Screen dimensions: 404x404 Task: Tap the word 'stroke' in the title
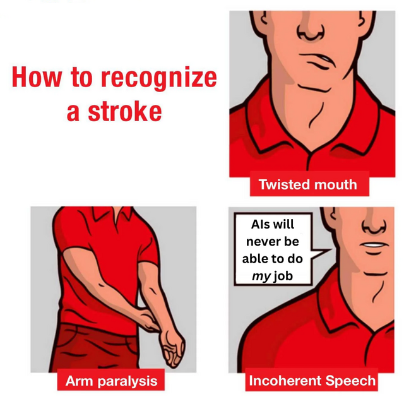pyautogui.click(x=125, y=112)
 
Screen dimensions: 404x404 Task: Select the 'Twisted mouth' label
pyautogui.click(x=308, y=184)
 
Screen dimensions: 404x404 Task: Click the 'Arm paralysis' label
pyautogui.click(x=111, y=381)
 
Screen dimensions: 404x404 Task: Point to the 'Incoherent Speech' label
pyautogui.click(x=312, y=381)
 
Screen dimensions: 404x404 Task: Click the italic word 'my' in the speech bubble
pyautogui.click(x=261, y=277)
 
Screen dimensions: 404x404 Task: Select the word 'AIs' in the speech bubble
pyautogui.click(x=259, y=224)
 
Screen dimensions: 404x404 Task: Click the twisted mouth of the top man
pyautogui.click(x=317, y=61)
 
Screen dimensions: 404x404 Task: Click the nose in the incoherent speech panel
pyautogui.click(x=374, y=223)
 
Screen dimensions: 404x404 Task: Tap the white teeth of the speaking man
pyautogui.click(x=374, y=245)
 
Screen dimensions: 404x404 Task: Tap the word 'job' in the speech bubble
pyautogui.click(x=283, y=276)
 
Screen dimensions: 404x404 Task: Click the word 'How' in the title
pyautogui.click(x=37, y=78)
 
